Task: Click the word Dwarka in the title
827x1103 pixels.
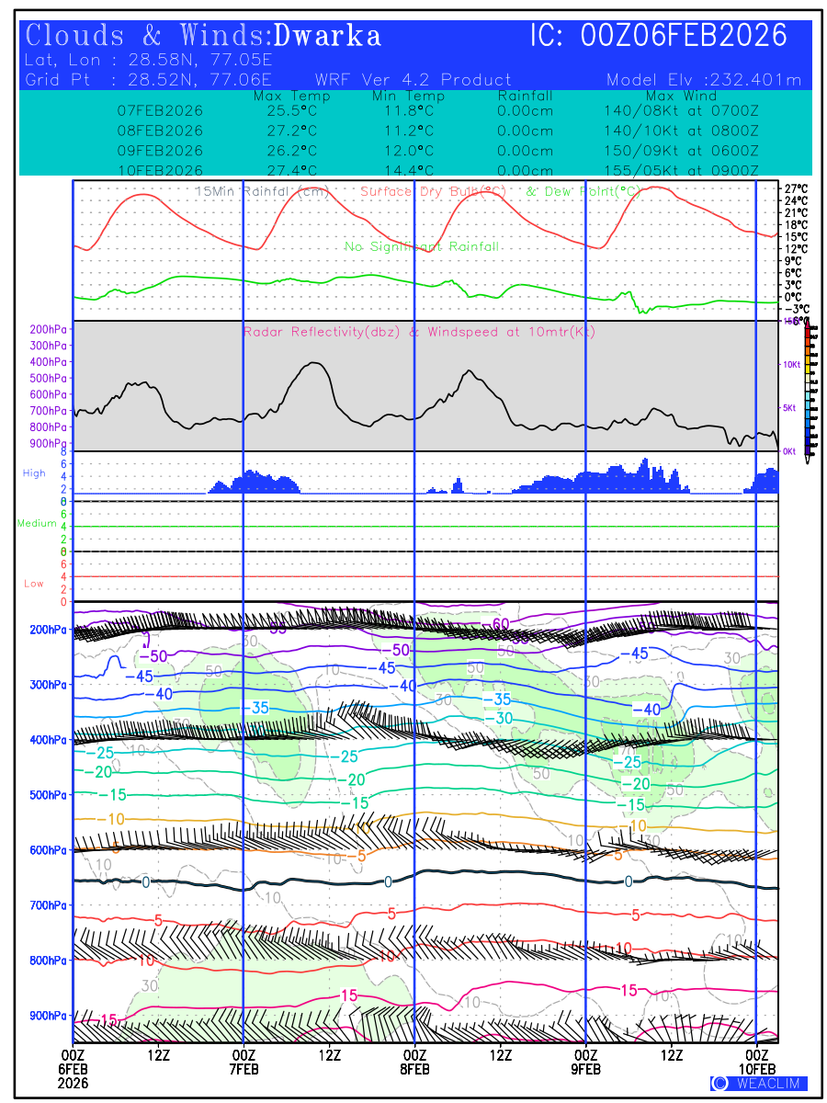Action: coord(327,37)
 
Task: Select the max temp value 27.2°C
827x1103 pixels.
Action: coord(286,130)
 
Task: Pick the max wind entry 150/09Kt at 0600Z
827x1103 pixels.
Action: coord(681,150)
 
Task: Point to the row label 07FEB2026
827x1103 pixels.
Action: coord(161,110)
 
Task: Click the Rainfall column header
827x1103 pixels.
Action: coord(525,97)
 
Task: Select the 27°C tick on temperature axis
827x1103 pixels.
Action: coord(796,188)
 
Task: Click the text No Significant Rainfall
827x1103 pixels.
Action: coord(422,246)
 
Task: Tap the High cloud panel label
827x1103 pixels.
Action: coord(34,473)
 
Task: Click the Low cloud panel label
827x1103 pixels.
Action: coord(34,584)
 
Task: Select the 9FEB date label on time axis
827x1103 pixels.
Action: coord(585,1069)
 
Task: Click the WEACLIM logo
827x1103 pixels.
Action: coord(759,1083)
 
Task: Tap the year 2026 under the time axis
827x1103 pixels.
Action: coord(73,1083)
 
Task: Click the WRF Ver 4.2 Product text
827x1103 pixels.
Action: coord(413,80)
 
